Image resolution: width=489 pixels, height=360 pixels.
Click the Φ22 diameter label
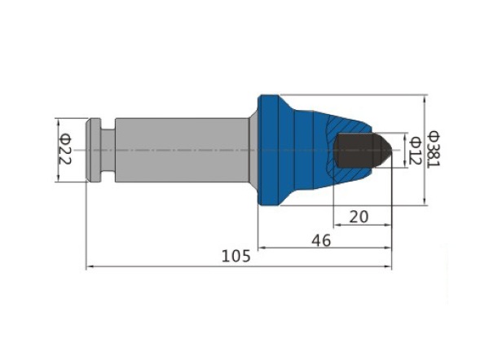click(65, 149)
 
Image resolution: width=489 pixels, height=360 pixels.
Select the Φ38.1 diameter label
click(434, 149)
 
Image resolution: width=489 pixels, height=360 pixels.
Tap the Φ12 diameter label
click(416, 151)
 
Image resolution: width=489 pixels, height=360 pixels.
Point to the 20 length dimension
click(359, 217)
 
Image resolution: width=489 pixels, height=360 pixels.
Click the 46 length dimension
click(321, 240)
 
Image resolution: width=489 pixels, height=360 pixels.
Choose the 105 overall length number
click(236, 257)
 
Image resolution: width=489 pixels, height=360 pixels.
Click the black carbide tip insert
click(363, 150)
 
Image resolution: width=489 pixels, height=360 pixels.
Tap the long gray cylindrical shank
click(182, 150)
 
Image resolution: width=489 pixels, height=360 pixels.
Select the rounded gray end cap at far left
click(93, 150)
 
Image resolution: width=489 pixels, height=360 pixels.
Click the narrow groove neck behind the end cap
click(108, 150)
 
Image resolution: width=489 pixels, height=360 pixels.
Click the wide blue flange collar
click(268, 150)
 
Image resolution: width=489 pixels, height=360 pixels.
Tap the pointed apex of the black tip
click(391, 150)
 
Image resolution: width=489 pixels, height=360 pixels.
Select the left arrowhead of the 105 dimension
click(90, 267)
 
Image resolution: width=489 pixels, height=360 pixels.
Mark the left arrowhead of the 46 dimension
click(262, 248)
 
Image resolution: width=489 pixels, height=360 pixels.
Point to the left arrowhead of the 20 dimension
click(337, 225)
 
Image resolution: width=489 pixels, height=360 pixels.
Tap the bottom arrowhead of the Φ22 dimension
click(58, 178)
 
